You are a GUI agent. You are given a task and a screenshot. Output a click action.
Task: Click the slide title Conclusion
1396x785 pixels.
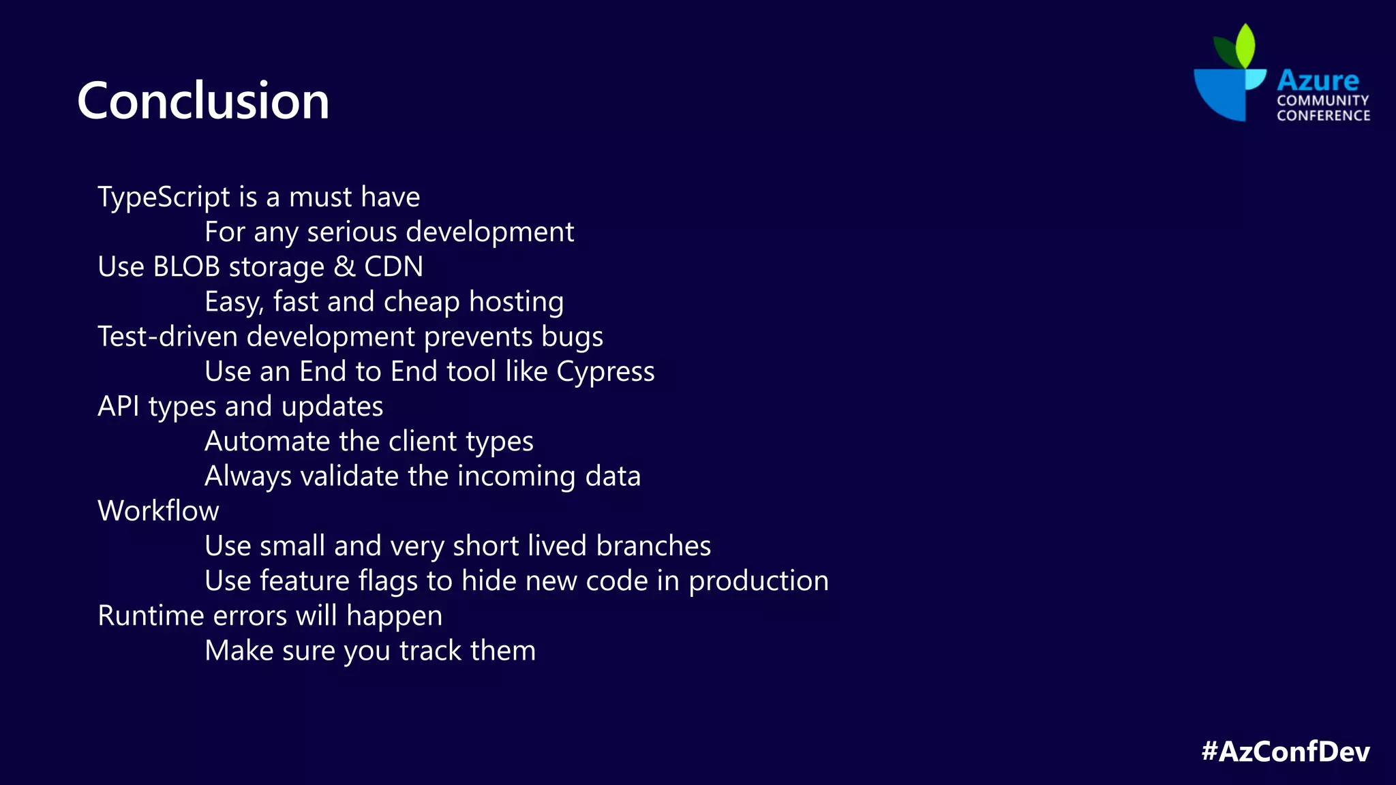pos(203,101)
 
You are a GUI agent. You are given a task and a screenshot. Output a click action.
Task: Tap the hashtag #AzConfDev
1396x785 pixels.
pos(1285,751)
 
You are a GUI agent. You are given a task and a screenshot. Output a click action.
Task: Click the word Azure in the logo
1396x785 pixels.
pos(1318,80)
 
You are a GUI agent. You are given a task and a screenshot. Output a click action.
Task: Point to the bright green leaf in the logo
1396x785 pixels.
pos(1245,45)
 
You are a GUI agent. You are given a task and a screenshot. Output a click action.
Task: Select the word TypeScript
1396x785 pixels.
pos(164,198)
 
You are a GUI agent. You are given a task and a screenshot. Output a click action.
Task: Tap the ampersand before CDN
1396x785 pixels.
pos(345,266)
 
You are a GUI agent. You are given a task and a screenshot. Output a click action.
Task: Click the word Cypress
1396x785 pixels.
pos(605,372)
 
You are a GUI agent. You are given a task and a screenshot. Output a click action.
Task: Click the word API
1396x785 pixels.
pos(119,407)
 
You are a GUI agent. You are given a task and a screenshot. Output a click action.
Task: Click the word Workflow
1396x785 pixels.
pos(158,511)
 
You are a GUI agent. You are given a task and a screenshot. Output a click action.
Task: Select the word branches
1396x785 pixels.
pos(653,546)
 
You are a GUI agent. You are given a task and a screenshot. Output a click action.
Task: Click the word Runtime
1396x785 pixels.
pos(151,616)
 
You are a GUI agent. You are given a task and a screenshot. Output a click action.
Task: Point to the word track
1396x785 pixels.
pos(430,651)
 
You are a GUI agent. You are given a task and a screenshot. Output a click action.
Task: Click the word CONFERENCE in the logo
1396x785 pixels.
pos(1323,116)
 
